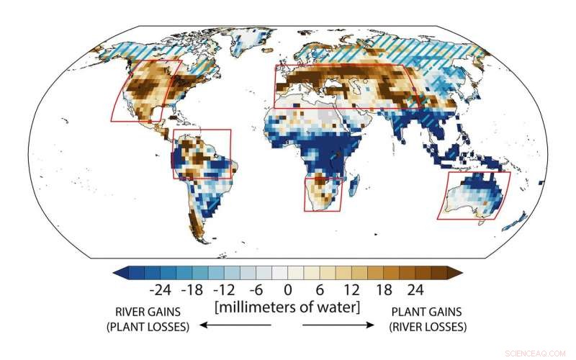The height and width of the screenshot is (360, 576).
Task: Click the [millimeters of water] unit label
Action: tap(287, 308)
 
